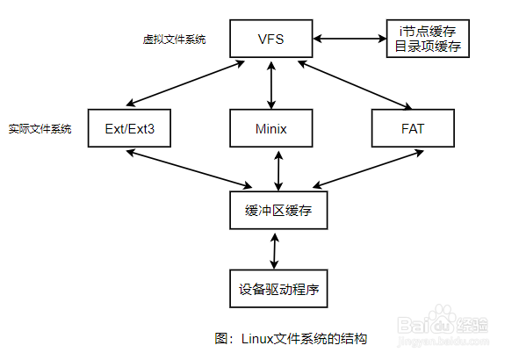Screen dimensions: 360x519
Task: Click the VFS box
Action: click(272, 40)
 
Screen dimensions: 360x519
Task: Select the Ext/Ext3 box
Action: click(128, 129)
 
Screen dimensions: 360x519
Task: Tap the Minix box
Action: click(272, 129)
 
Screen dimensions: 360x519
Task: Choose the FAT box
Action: click(413, 129)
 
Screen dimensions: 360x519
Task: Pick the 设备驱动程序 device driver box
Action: click(275, 287)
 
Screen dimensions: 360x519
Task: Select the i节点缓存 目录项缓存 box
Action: click(429, 40)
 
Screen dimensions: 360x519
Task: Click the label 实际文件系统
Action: click(40, 129)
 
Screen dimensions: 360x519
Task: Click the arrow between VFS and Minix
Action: click(273, 85)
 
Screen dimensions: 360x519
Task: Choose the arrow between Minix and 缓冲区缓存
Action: click(278, 170)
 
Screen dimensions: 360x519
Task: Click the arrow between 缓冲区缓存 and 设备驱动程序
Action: click(276, 250)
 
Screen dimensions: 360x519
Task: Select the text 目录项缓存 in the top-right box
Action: click(429, 47)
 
